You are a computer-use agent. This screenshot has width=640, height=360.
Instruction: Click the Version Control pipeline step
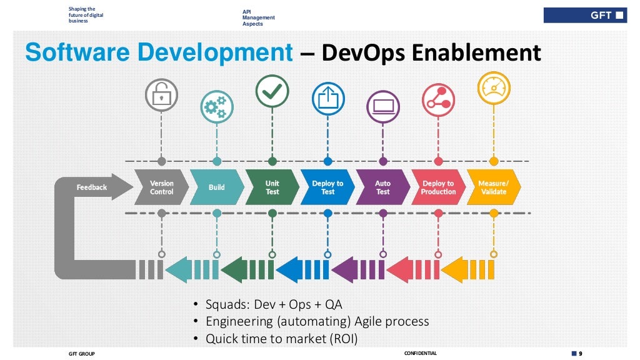[161, 187]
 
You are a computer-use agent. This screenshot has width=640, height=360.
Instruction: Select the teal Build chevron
[216, 187]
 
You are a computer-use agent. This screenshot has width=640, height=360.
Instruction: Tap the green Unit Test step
[272, 187]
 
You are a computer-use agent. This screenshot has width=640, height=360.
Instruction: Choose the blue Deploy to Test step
[327, 187]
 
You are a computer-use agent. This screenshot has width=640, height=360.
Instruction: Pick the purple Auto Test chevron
[382, 187]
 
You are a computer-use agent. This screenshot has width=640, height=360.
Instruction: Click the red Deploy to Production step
[438, 187]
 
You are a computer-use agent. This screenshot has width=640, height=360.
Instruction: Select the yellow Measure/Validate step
[493, 187]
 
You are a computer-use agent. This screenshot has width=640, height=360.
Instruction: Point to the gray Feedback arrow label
[92, 187]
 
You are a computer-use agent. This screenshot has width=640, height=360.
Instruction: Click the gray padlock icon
[161, 96]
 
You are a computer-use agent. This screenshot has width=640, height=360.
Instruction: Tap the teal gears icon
[216, 107]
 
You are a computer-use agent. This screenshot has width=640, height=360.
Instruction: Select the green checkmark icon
[272, 91]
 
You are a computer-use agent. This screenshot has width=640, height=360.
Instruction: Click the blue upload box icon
[327, 99]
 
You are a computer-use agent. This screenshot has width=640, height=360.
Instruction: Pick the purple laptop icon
[382, 106]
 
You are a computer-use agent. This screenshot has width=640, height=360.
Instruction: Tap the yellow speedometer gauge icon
[493, 88]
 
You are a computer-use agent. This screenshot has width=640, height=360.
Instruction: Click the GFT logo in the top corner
[584, 15]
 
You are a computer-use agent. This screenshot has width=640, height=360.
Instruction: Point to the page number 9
[580, 354]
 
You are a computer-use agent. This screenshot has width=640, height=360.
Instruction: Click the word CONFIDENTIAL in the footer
[421, 354]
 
